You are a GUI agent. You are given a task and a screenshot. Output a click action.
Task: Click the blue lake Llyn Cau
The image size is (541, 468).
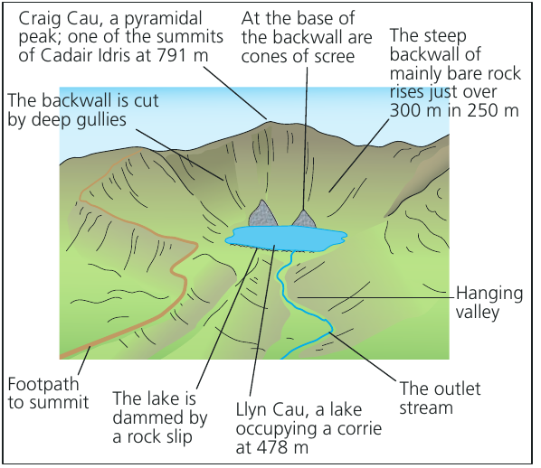point(286,238)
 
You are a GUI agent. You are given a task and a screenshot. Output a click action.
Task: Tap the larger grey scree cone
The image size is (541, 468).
point(263,215)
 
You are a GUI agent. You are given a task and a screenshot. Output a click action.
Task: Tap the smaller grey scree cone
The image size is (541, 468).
point(304,220)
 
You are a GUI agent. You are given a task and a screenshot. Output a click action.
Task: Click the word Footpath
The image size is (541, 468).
point(43,384)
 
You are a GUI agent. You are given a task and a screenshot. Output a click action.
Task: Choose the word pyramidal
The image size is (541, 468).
point(163,20)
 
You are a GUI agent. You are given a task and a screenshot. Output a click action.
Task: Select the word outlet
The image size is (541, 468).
point(458,388)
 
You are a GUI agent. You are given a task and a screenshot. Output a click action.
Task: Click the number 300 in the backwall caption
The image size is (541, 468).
point(407,110)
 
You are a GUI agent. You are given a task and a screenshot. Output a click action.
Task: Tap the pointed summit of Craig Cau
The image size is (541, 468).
point(268,121)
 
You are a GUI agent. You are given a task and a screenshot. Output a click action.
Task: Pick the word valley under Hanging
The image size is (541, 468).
point(478,313)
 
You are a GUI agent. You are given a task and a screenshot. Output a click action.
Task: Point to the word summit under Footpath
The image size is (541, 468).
point(64,403)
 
